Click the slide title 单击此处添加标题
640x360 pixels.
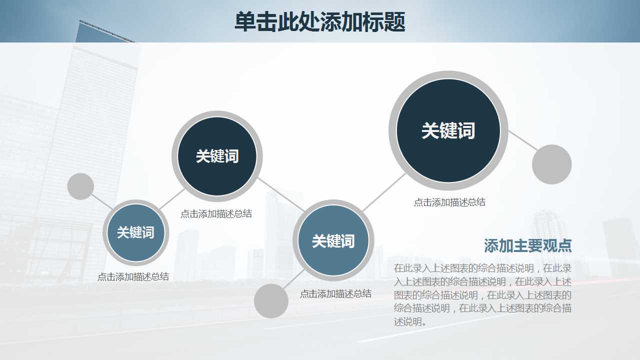319,22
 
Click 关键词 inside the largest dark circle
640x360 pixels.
448,130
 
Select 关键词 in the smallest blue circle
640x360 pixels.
135,232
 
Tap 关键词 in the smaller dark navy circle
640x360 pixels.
217,156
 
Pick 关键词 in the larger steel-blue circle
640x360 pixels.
333,241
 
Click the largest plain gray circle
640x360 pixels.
551,164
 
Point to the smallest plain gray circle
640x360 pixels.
80,186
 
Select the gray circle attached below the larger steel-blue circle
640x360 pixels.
271,301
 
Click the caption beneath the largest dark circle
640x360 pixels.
449,202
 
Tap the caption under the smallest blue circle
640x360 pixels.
133,276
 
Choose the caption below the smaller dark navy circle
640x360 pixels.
216,214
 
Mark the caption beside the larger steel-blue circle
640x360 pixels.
335,294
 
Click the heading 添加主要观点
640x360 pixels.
527,245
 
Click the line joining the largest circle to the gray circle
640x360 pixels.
522,140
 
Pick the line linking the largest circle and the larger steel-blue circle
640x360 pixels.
384,192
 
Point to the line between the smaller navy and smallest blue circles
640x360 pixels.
171,199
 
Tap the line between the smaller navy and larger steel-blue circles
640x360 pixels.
281,195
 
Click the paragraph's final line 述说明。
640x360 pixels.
410,322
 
